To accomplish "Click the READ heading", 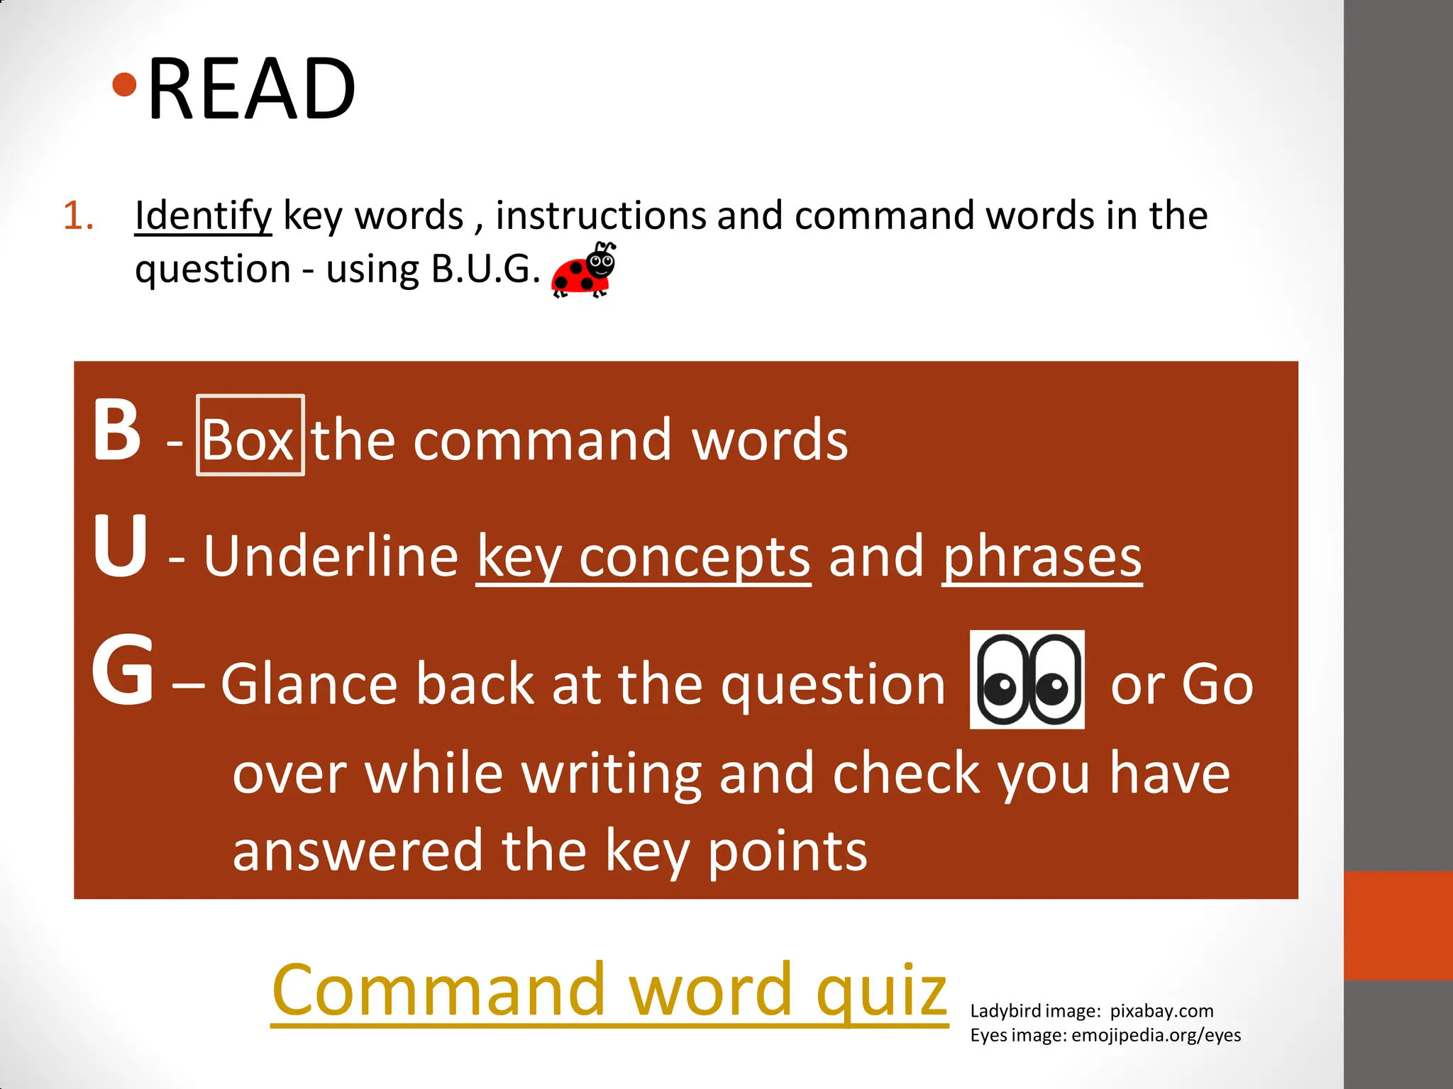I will (x=252, y=89).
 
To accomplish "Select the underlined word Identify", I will (x=203, y=216).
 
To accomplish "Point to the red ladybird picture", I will (x=584, y=271).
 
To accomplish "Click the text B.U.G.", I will (x=485, y=269).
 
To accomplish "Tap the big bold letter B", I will (x=117, y=430).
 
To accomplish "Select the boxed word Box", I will (x=249, y=440).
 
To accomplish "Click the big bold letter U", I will (x=119, y=546).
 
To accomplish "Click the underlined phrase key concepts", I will (x=643, y=557).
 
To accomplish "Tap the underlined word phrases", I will (x=1042, y=557).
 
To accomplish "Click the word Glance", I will (x=309, y=685).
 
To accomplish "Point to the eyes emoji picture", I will (x=1027, y=679).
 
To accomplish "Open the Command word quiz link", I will (x=609, y=990).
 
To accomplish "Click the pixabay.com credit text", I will (x=1161, y=1011).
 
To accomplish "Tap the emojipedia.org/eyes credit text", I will (x=1156, y=1035).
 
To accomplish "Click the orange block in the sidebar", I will (x=1398, y=925).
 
